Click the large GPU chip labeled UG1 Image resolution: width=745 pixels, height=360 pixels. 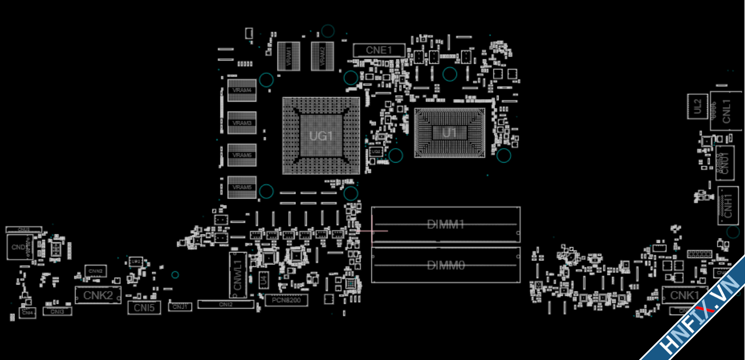[321, 136]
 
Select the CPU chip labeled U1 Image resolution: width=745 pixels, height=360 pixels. [450, 133]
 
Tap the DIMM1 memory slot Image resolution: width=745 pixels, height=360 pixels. [445, 224]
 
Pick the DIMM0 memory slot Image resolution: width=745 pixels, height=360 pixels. [445, 264]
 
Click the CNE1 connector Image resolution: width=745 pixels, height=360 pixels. [379, 50]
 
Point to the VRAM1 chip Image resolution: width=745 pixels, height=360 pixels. [288, 55]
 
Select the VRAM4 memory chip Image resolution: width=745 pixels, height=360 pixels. [242, 90]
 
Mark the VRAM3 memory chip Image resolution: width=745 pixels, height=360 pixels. [242, 123]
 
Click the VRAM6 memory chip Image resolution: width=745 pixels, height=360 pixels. [242, 155]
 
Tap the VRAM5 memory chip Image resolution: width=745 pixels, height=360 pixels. [242, 187]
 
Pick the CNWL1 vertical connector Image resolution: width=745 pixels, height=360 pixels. [238, 275]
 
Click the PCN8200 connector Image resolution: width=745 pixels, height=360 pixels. [286, 300]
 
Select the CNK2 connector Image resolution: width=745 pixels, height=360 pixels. [98, 295]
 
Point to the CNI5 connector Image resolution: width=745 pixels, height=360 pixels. [144, 308]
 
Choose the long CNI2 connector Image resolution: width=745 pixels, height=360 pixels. [225, 304]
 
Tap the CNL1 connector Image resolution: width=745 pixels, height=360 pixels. [726, 111]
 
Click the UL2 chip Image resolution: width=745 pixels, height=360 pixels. [697, 106]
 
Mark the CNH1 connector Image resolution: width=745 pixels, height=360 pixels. [727, 205]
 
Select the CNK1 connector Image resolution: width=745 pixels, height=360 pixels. [685, 295]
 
